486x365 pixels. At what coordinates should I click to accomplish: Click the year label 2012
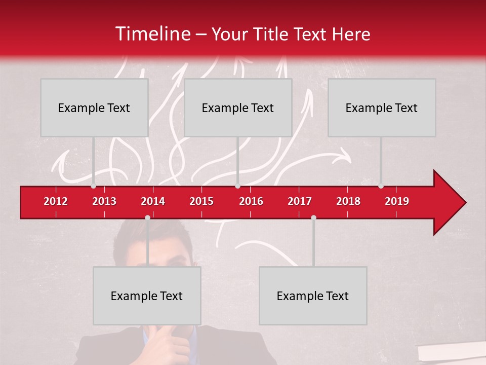[56, 201]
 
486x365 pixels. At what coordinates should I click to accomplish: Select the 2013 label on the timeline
[104, 201]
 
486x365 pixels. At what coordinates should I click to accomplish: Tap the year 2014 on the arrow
[153, 201]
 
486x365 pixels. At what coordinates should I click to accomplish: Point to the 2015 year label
[201, 201]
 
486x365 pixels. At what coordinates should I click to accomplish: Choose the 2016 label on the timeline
[251, 201]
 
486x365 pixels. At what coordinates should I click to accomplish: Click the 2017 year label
[300, 201]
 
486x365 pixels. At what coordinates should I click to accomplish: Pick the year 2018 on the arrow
[348, 201]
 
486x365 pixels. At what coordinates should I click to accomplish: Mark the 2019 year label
[397, 201]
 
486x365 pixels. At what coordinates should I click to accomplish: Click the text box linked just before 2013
[94, 107]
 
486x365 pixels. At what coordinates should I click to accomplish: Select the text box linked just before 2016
[238, 107]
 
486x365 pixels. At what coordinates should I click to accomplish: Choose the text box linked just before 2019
[382, 107]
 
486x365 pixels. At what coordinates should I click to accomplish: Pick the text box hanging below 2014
[147, 296]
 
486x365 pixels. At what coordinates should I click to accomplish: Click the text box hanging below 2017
[313, 296]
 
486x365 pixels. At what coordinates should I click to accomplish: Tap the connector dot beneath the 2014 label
[147, 217]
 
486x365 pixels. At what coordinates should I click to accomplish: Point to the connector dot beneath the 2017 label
[313, 217]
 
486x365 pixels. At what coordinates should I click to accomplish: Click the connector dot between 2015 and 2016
[238, 186]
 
